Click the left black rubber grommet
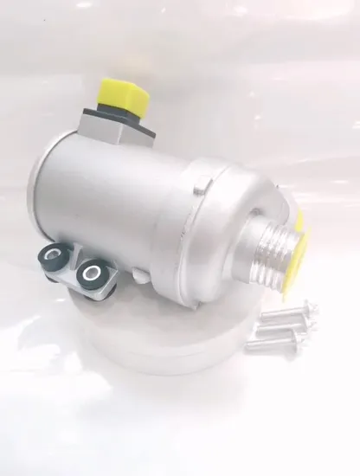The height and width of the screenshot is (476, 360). (54, 256)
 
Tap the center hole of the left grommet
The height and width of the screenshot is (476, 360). (54, 255)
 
